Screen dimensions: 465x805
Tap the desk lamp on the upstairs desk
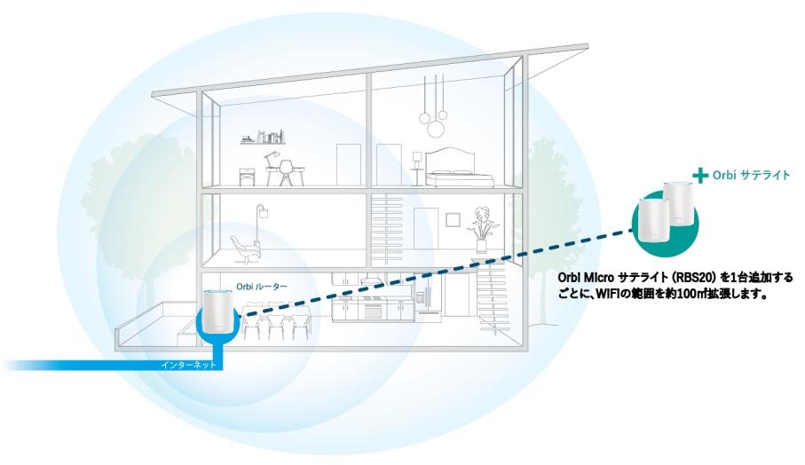[x=270, y=156]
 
